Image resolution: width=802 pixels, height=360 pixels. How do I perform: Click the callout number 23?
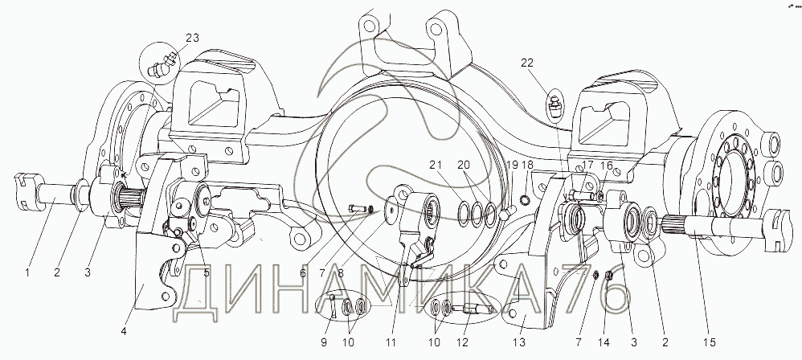click(192, 38)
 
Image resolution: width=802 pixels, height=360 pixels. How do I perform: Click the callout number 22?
click(527, 63)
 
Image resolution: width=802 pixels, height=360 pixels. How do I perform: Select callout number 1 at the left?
click(27, 273)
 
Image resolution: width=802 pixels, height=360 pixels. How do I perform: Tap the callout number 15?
click(709, 342)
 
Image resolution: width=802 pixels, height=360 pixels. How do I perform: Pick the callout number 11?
click(391, 342)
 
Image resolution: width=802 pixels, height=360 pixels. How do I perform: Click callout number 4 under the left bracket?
click(123, 331)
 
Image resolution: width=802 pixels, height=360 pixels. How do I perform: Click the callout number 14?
click(606, 342)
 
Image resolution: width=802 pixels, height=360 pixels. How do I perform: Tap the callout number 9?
click(323, 342)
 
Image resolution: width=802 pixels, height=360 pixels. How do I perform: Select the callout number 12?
click(466, 342)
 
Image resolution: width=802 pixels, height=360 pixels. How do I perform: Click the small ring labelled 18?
click(525, 198)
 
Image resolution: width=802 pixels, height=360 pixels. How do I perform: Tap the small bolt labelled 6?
click(358, 208)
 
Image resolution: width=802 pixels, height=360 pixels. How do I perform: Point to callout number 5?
click(207, 273)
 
